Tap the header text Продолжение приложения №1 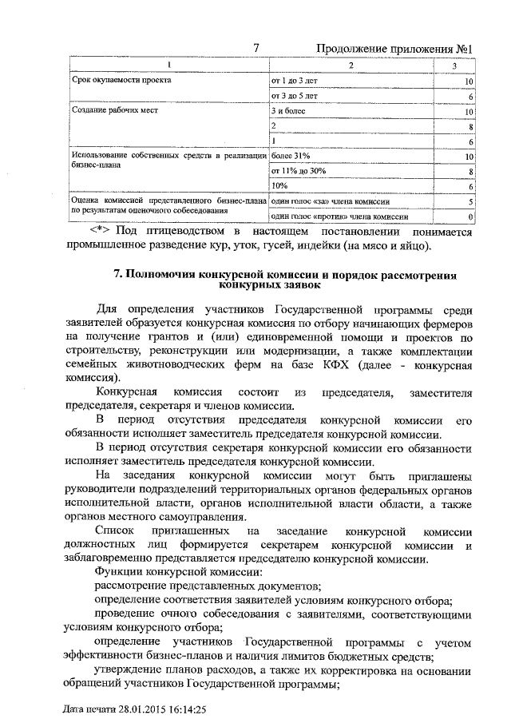395,50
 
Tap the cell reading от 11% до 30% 299,171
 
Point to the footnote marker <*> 101,231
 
